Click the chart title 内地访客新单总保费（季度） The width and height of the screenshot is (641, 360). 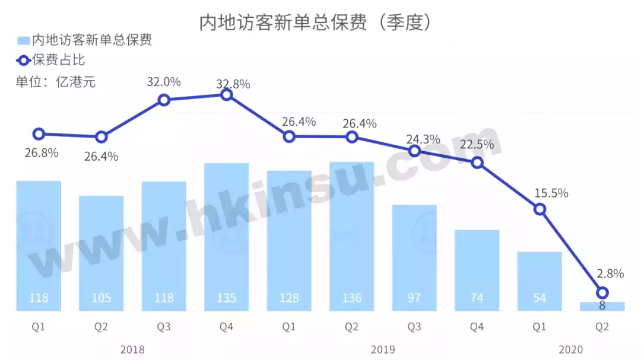pos(315,22)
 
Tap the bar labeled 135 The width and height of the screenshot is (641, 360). pos(227,237)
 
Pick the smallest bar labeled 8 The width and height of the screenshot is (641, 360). pos(602,306)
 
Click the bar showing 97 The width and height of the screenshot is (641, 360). pos(414,258)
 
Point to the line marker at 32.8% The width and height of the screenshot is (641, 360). pos(227,94)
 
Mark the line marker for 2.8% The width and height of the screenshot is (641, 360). pos(602,292)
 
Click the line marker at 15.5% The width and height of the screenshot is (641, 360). pos(540,209)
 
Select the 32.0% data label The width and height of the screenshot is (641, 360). pos(164,82)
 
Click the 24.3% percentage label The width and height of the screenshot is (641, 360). pos(423,139)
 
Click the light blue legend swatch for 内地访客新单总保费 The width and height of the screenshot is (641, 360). pos(23,40)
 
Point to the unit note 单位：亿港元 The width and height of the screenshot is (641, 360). pos(55,82)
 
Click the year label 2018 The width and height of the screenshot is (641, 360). pos(132,349)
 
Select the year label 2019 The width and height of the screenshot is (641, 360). pos(383,349)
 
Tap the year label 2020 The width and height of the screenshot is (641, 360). pos(571,349)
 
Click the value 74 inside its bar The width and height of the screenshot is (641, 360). pos(477,298)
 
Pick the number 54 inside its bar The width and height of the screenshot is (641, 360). pos(540,298)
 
